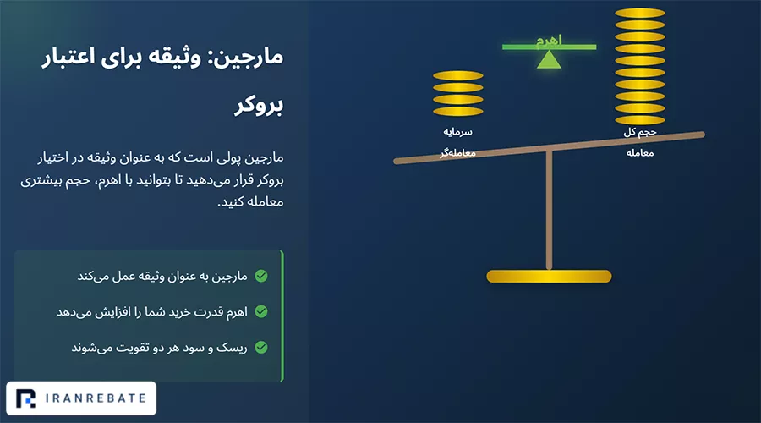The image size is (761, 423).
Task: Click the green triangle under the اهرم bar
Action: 549,60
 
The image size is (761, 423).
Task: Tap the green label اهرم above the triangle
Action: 549,41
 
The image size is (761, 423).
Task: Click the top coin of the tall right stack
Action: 640,13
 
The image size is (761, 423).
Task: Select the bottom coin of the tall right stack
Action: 640,120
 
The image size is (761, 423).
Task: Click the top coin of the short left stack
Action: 457,76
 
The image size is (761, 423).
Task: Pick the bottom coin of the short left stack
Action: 457,111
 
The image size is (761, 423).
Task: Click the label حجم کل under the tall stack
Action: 640,132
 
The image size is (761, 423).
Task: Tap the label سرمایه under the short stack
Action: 457,132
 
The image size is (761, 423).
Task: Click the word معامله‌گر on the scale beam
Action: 457,153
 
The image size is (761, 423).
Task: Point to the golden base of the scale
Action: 549,277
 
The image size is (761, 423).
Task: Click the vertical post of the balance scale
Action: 549,209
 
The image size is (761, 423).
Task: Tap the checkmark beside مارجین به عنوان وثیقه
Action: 261,276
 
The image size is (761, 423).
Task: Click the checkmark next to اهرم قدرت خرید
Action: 261,311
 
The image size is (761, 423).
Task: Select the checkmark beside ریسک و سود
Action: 261,347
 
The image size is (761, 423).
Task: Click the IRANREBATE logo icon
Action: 25,398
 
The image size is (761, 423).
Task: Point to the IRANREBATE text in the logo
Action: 96,398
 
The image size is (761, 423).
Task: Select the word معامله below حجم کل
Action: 640,153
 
